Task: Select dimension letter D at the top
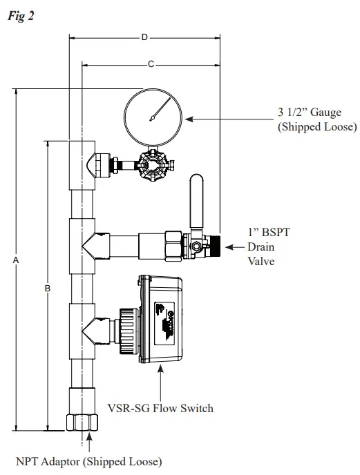coord(144,37)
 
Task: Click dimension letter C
coord(151,64)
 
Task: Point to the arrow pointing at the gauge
coord(228,119)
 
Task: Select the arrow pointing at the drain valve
coord(236,246)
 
